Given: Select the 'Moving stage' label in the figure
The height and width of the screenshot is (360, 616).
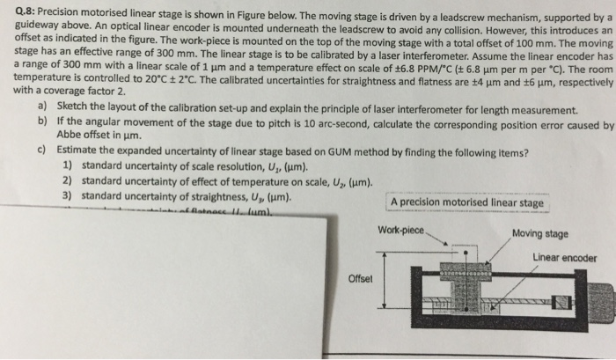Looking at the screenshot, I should (539, 234).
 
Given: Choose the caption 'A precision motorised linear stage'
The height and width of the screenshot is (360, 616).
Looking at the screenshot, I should (466, 203).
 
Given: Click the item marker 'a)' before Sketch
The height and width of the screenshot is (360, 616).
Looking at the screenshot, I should (44, 112).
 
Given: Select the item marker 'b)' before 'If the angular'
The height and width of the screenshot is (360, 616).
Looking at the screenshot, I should (44, 126).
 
